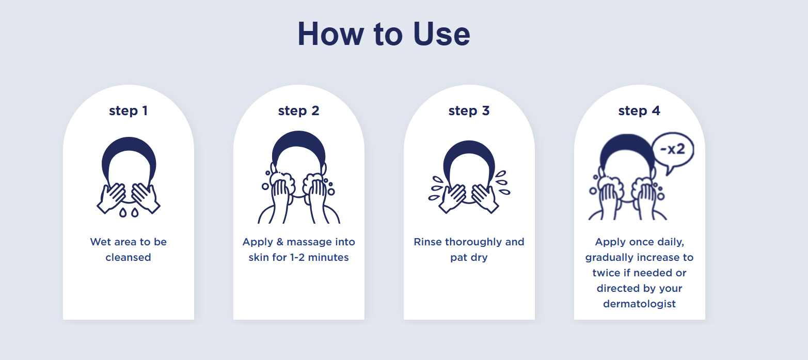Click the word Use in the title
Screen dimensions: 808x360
tap(441, 34)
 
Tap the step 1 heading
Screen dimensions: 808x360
tap(129, 111)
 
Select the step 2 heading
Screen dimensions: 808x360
tap(298, 111)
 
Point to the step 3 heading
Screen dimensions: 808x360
tap(469, 111)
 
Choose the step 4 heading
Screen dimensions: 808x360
tap(639, 111)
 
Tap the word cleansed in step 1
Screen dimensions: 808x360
tap(128, 257)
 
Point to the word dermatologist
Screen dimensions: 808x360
tap(639, 304)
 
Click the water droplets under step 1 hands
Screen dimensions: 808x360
tap(129, 212)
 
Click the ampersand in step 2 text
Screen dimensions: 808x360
tap(280, 242)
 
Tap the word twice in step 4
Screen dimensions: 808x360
tap(606, 273)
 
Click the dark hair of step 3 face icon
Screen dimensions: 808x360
tap(469, 151)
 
